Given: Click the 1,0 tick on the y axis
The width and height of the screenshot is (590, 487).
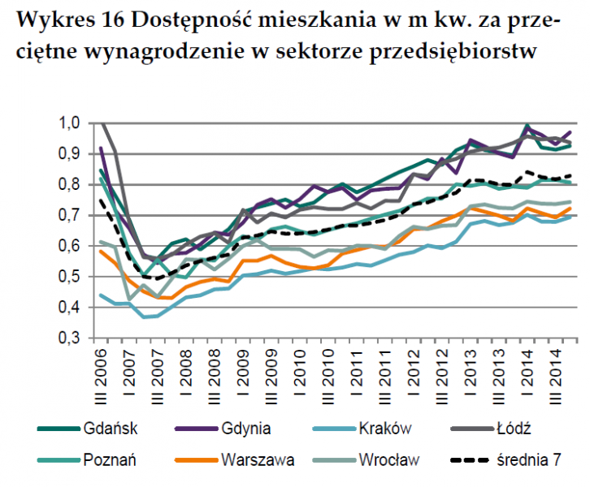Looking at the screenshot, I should (72, 123).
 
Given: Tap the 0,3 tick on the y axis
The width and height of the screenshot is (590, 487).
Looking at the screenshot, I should (72, 338).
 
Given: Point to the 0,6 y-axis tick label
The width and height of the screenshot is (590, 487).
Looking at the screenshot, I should (72, 246).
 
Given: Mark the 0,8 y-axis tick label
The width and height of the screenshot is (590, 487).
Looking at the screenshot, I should (72, 184).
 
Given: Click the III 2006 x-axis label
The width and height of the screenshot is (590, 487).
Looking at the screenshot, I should (102, 373).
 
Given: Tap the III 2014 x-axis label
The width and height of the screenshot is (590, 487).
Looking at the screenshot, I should (561, 373).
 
